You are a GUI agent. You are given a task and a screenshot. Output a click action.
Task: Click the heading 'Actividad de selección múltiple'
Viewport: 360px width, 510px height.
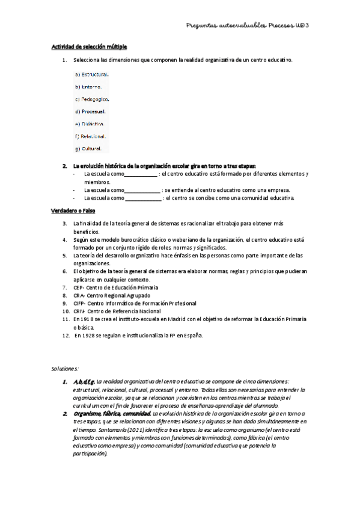[x=88, y=46]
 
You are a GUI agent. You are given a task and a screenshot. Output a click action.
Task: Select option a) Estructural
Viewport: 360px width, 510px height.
[x=91, y=75]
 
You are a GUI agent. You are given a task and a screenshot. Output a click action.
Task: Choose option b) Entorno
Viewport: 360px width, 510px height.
[x=88, y=87]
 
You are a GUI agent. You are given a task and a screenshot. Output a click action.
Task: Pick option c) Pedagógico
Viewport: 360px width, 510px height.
[x=92, y=99]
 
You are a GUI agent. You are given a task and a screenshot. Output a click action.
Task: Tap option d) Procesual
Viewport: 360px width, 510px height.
[x=90, y=111]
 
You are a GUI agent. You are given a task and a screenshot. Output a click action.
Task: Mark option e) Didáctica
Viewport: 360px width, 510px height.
[x=90, y=123]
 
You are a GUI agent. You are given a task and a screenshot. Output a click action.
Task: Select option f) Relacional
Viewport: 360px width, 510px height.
[x=91, y=136]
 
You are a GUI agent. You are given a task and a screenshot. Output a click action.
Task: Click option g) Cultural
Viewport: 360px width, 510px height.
[x=88, y=149]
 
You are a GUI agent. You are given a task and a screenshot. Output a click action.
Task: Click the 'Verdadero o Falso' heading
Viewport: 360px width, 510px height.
[x=73, y=210]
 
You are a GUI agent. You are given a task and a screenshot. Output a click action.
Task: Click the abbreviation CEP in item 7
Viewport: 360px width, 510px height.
[x=79, y=288]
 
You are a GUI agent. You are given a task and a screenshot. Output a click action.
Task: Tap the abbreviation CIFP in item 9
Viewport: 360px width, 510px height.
[x=79, y=304]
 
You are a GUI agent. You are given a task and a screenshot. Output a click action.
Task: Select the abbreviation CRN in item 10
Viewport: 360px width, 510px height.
[x=79, y=312]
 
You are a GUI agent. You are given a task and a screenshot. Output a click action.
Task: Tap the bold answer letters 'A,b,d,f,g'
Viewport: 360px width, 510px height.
[x=84, y=382]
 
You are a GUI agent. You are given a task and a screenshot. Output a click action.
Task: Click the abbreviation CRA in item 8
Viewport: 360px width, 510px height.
[x=79, y=296]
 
